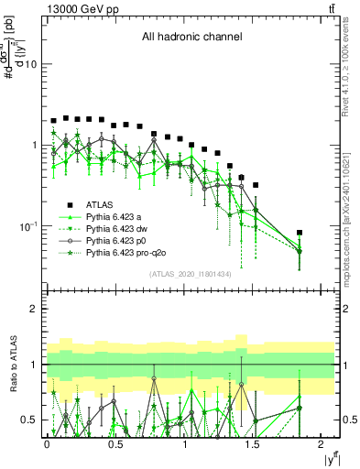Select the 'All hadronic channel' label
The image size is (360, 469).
pyautogui.click(x=191, y=38)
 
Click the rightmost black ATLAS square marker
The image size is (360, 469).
pyautogui.click(x=300, y=234)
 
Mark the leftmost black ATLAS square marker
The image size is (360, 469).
pyautogui.click(x=54, y=121)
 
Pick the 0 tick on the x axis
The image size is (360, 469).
pyautogui.click(x=47, y=444)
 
